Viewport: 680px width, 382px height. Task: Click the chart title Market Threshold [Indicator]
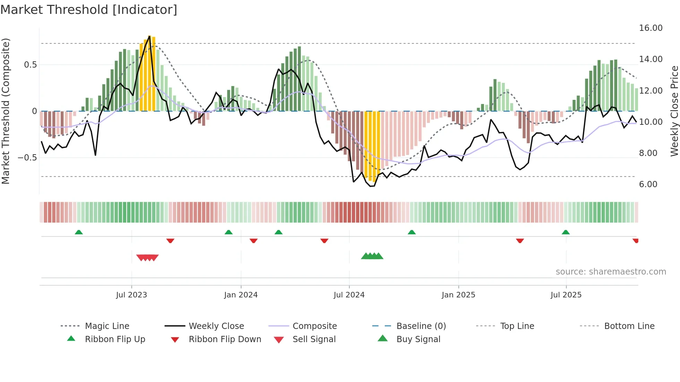pos(89,10)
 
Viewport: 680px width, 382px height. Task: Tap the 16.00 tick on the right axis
pos(651,28)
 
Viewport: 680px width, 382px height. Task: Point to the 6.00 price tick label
pos(648,184)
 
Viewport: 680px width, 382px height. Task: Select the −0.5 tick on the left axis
pos(27,158)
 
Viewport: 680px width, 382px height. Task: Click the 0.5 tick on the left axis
pos(30,65)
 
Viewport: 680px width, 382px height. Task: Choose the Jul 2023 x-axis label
pos(131,295)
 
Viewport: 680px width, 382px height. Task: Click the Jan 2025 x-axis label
pos(458,295)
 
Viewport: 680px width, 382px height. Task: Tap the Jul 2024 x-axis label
pos(349,295)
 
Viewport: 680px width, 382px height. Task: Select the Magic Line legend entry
pos(107,326)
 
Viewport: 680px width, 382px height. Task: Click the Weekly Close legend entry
pos(216,326)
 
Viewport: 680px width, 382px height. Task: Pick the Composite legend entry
pos(314,326)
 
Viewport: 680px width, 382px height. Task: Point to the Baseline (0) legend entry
pos(421,326)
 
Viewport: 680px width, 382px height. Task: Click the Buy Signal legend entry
pos(418,339)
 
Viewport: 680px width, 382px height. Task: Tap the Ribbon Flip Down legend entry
pos(224,339)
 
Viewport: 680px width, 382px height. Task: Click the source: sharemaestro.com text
pos(611,272)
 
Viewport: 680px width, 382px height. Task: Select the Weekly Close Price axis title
pos(674,111)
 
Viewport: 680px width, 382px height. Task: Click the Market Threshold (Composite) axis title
pos(6,111)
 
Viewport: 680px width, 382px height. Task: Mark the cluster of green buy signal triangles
pos(372,256)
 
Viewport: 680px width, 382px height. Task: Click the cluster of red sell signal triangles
pos(147,258)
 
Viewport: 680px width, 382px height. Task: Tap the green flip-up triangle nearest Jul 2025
pos(566,232)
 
